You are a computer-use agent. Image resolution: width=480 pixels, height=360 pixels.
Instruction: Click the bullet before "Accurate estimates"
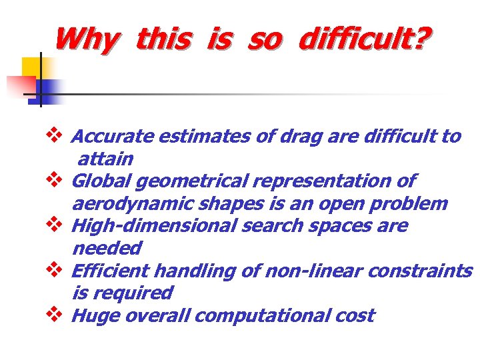[56, 135]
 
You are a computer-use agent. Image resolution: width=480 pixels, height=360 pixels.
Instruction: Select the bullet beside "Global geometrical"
[56, 180]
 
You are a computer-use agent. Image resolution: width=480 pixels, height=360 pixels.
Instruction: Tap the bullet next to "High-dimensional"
[56, 225]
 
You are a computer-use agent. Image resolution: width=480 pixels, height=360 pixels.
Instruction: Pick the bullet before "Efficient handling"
[56, 270]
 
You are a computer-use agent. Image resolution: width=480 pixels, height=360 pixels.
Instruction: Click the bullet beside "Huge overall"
[56, 314]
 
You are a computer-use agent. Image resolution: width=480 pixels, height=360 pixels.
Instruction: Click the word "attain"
[105, 159]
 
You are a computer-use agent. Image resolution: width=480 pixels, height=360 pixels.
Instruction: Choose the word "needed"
[106, 249]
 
